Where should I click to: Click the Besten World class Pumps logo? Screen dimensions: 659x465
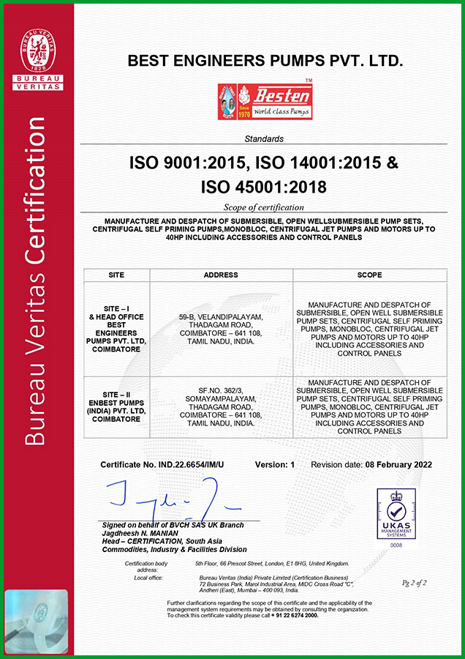265,101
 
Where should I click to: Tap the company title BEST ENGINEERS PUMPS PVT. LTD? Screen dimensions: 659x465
265,62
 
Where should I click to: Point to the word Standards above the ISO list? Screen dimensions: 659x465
265,138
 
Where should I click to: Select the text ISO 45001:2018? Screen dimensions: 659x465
264,187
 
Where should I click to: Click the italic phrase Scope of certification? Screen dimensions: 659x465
264,207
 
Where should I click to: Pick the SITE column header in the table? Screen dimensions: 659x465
117,275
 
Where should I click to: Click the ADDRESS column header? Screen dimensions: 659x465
221,275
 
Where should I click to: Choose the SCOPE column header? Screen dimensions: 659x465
369,275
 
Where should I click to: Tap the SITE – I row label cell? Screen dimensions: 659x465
117,329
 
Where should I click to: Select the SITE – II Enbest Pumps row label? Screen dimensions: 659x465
117,407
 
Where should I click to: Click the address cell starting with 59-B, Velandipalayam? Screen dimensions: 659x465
221,329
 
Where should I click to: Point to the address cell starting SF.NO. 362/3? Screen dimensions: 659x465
221,407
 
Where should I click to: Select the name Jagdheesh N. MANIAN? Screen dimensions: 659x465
140,533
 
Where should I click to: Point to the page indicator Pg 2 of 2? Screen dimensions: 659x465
415,583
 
